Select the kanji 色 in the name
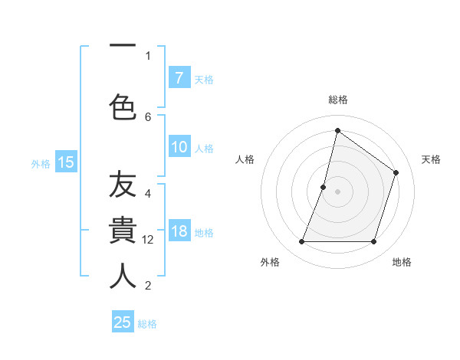123,106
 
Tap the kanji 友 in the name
123,186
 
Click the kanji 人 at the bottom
123,276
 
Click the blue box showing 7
179,77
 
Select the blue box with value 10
179,147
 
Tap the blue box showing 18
179,231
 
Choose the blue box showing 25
123,322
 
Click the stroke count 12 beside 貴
149,240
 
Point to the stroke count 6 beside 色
148,116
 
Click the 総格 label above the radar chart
337,100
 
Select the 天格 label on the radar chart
431,159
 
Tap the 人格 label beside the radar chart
245,159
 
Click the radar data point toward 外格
301,242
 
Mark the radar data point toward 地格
373,242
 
